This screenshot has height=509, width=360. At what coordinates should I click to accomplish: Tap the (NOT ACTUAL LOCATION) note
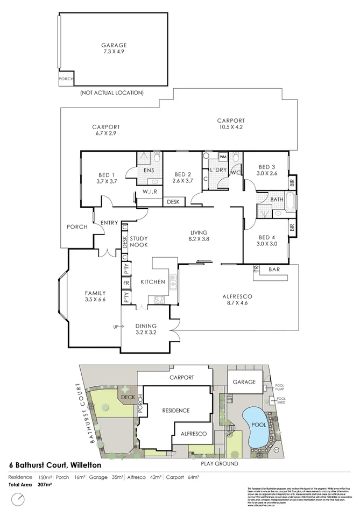111,93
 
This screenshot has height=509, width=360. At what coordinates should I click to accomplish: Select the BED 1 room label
107,178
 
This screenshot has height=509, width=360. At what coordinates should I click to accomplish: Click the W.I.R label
150,192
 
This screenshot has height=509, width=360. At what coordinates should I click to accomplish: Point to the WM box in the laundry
223,157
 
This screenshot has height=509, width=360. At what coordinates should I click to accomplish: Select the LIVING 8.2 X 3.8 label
199,235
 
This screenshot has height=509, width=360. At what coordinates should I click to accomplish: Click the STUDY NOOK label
139,242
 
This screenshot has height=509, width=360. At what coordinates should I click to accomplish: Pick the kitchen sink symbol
173,281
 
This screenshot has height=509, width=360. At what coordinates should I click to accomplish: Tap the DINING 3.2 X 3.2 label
146,329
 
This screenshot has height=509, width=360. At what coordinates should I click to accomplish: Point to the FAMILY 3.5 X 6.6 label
95,296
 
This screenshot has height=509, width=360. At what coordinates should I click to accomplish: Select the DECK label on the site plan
128,397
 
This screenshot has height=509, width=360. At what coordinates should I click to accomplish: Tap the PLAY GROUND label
219,462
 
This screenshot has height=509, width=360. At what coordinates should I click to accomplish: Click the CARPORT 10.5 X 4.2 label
231,124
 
